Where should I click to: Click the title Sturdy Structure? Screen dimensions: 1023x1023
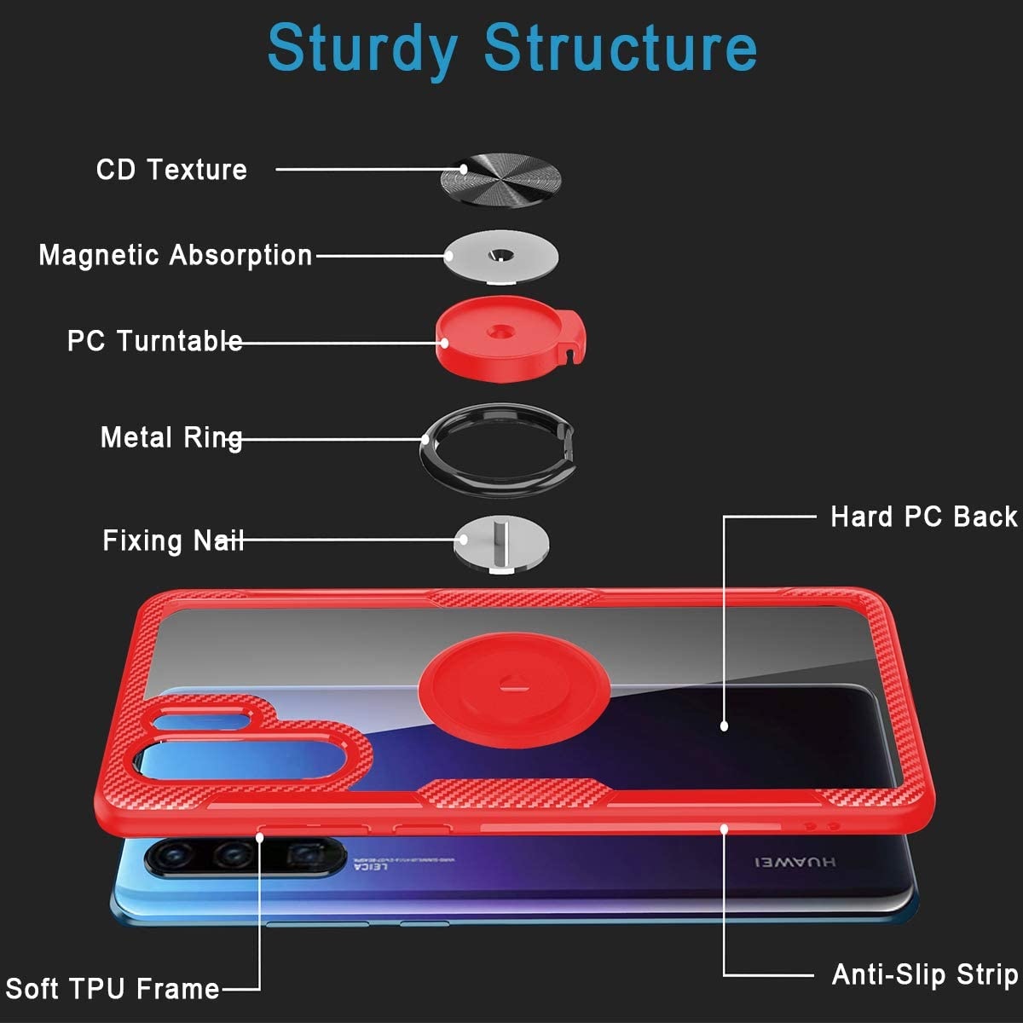click(x=511, y=48)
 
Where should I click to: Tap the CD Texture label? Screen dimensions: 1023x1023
click(x=171, y=169)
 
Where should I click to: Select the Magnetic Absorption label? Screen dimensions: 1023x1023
click(x=176, y=255)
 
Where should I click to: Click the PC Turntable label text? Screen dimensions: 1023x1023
click(x=154, y=341)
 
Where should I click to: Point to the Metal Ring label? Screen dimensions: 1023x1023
click(x=171, y=438)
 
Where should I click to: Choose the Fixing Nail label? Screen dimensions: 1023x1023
click(x=173, y=540)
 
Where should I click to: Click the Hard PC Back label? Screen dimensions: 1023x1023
click(x=923, y=517)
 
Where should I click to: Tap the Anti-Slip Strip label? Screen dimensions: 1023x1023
click(x=925, y=974)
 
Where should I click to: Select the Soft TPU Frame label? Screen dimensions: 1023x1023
click(x=113, y=989)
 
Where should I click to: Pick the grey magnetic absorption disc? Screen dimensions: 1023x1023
click(x=501, y=255)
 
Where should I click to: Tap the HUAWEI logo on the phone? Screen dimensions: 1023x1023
click(x=795, y=863)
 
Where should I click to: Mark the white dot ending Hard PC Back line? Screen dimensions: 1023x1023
click(x=724, y=726)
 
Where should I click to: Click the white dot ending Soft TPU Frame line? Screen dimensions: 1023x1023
click(x=261, y=836)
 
